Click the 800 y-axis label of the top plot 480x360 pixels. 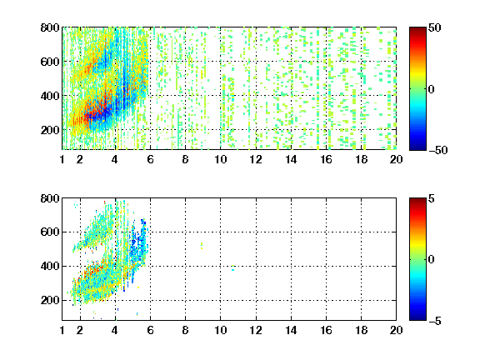click(x=50, y=27)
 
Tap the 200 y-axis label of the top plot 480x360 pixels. click(x=50, y=130)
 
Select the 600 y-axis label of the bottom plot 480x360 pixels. click(x=50, y=232)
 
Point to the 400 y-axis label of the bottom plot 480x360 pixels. click(x=50, y=266)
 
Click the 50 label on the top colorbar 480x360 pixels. click(x=435, y=27)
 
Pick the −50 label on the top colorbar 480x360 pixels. click(x=438, y=150)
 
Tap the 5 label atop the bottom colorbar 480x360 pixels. click(x=432, y=198)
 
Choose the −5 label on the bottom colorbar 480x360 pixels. click(x=435, y=321)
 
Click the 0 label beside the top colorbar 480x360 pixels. click(x=432, y=89)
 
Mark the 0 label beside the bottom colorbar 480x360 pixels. click(x=432, y=260)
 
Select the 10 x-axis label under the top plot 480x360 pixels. click(x=220, y=159)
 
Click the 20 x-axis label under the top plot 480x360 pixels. click(x=396, y=159)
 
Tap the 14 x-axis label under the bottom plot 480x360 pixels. click(x=291, y=330)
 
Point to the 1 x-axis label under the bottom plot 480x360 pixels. click(x=62, y=330)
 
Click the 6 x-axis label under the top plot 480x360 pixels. click(x=150, y=159)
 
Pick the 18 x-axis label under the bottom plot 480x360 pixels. click(x=361, y=330)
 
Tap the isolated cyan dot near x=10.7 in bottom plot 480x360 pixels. click(x=233, y=268)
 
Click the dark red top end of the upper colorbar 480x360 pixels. click(x=417, y=30)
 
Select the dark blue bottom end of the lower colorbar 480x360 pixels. click(x=417, y=317)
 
